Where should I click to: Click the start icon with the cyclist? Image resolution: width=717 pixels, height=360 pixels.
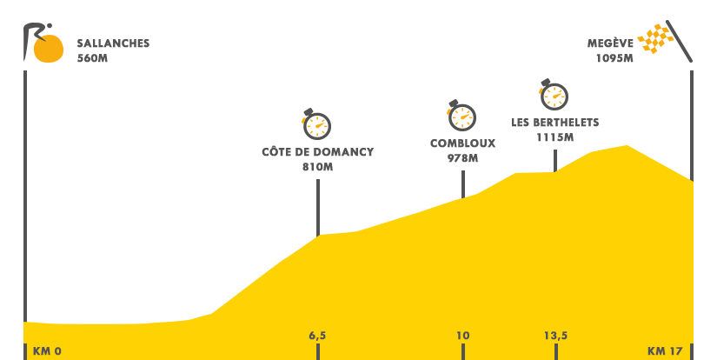[43, 43]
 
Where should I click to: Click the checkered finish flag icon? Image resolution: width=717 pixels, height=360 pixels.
[665, 41]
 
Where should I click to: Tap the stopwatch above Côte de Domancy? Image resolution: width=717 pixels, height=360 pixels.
[316, 124]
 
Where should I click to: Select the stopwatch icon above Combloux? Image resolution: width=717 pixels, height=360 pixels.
[461, 115]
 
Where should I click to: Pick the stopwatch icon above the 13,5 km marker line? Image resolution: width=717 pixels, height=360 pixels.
[554, 95]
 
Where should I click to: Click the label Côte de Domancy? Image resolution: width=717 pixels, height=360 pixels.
[317, 152]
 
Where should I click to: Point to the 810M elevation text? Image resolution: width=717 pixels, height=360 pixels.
[317, 167]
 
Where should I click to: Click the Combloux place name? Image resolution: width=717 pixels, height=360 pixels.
[462, 143]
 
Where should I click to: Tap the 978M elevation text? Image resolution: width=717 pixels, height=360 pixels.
[462, 158]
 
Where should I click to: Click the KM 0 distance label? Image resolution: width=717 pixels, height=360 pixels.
[47, 351]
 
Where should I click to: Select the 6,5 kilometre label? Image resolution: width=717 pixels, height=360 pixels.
[317, 336]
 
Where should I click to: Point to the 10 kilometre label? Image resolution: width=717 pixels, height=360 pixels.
[462, 336]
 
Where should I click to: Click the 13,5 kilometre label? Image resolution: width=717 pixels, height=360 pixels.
[555, 336]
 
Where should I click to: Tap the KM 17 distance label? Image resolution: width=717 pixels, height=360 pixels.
[665, 351]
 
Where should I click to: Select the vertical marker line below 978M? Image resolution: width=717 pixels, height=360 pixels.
[463, 183]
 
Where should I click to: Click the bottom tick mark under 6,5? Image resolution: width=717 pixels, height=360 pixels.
[318, 351]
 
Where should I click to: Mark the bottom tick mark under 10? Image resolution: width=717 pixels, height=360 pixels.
[463, 351]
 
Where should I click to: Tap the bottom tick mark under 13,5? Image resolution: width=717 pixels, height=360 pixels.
[556, 351]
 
